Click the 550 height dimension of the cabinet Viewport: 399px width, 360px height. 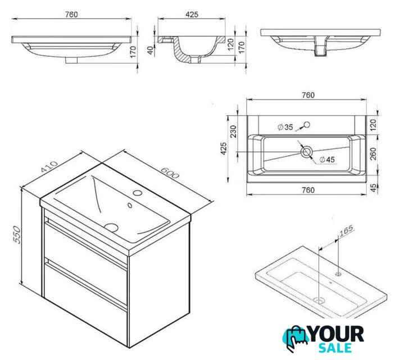pos(17,235)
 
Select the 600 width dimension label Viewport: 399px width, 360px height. pos(170,173)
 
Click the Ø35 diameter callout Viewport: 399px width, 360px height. pos(285,127)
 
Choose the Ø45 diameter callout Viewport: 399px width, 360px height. pos(327,160)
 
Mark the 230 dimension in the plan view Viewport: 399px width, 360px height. pos(233,132)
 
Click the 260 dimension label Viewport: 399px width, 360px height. pos(373,154)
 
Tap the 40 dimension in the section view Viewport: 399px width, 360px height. pos(151,50)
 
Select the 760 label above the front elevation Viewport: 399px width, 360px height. pos(71,15)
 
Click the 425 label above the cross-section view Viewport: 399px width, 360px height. pos(192,15)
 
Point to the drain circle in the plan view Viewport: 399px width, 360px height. pos(306,152)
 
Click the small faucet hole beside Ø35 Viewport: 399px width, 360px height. pos(307,124)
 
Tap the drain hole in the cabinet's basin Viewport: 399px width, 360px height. pos(111,227)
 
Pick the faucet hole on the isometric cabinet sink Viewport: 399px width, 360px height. pos(138,192)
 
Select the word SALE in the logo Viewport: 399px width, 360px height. pos(335,348)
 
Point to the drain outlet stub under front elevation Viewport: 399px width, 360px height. pos(71,60)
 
